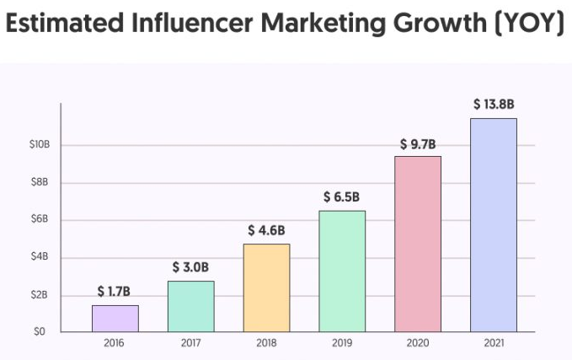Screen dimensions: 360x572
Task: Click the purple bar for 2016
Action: tap(115, 319)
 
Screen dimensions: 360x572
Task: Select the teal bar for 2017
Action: tap(191, 306)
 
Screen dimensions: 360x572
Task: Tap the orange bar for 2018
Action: tap(266, 287)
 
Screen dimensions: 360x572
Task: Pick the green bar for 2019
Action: tap(342, 271)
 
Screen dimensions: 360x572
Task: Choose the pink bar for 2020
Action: tap(418, 244)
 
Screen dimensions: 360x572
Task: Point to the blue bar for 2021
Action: tap(494, 225)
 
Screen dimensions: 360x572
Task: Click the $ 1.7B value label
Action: tap(115, 292)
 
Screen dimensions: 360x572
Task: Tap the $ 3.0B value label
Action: tap(190, 267)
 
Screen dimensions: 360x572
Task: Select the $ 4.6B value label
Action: tap(266, 230)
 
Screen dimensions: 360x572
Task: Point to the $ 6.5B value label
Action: tap(342, 196)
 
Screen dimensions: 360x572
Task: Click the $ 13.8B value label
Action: tap(493, 105)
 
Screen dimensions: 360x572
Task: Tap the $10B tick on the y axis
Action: tap(39, 145)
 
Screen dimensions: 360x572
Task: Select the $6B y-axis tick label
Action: tap(40, 219)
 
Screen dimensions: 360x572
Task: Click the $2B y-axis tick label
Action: tap(40, 294)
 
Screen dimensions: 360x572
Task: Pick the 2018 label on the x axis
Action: tap(266, 344)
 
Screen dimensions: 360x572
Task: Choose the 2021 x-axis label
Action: tap(494, 344)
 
